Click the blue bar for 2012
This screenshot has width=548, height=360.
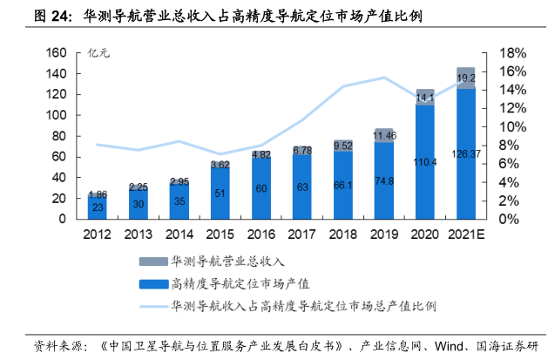(x=98, y=207)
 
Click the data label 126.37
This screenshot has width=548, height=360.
(x=466, y=153)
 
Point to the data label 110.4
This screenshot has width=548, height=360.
(x=425, y=161)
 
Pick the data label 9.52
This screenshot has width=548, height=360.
(x=342, y=146)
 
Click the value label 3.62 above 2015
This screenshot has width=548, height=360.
(x=220, y=164)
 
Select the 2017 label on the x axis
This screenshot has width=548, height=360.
(x=302, y=234)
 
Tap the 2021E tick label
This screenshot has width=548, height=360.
(x=466, y=234)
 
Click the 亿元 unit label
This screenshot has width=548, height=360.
(x=100, y=54)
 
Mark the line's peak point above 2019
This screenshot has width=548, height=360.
(x=384, y=78)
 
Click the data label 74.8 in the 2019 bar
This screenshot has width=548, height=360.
(x=384, y=181)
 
